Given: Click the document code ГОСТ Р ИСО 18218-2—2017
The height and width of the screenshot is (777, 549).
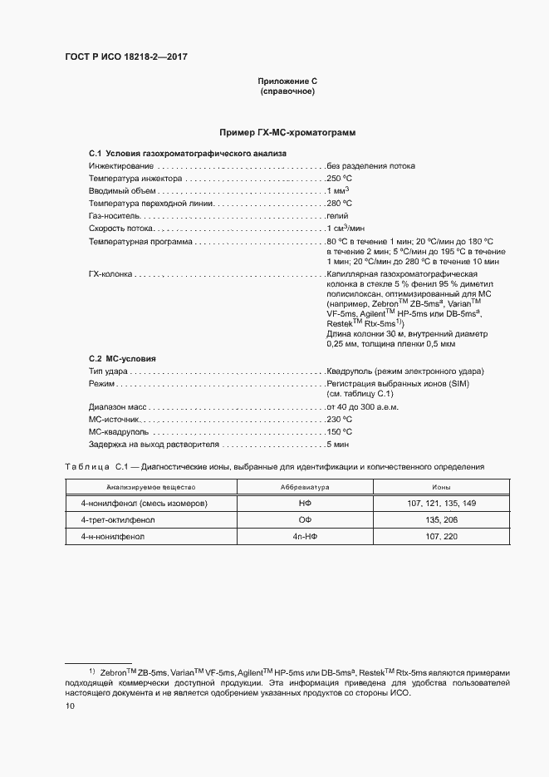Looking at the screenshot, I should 122,57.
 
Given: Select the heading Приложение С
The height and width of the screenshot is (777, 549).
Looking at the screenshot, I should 287,81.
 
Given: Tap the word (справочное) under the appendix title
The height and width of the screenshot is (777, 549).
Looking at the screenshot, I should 287,91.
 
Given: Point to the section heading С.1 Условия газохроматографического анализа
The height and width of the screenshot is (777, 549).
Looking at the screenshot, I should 187,154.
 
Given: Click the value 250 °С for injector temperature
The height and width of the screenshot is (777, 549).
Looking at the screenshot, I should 340,178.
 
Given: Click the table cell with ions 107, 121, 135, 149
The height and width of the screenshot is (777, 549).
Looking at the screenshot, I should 441,504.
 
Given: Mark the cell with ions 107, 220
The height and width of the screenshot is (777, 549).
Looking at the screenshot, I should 441,537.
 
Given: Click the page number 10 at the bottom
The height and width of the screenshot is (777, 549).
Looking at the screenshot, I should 71,706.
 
